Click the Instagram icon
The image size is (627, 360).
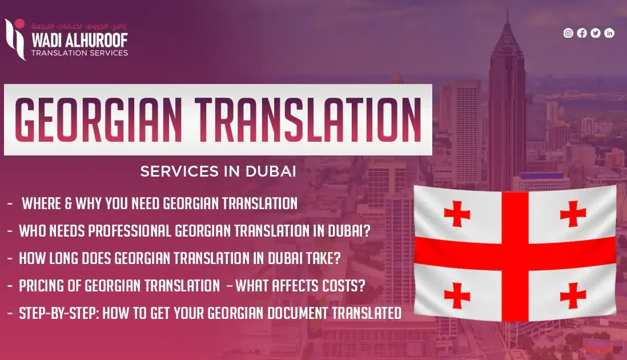point(568,33)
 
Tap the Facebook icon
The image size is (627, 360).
point(582,33)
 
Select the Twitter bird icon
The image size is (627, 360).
point(596,33)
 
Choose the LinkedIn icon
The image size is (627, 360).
point(609,33)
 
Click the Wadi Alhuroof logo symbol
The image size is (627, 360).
point(15,38)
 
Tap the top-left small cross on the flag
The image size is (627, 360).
point(457,214)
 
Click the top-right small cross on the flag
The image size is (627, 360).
point(573,214)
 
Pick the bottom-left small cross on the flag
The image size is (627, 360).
point(457,295)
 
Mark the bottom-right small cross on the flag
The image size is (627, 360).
point(573,295)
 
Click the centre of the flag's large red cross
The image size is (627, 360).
point(515,254)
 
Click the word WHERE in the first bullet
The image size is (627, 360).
point(43,203)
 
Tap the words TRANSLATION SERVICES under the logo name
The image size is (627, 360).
point(79,53)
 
